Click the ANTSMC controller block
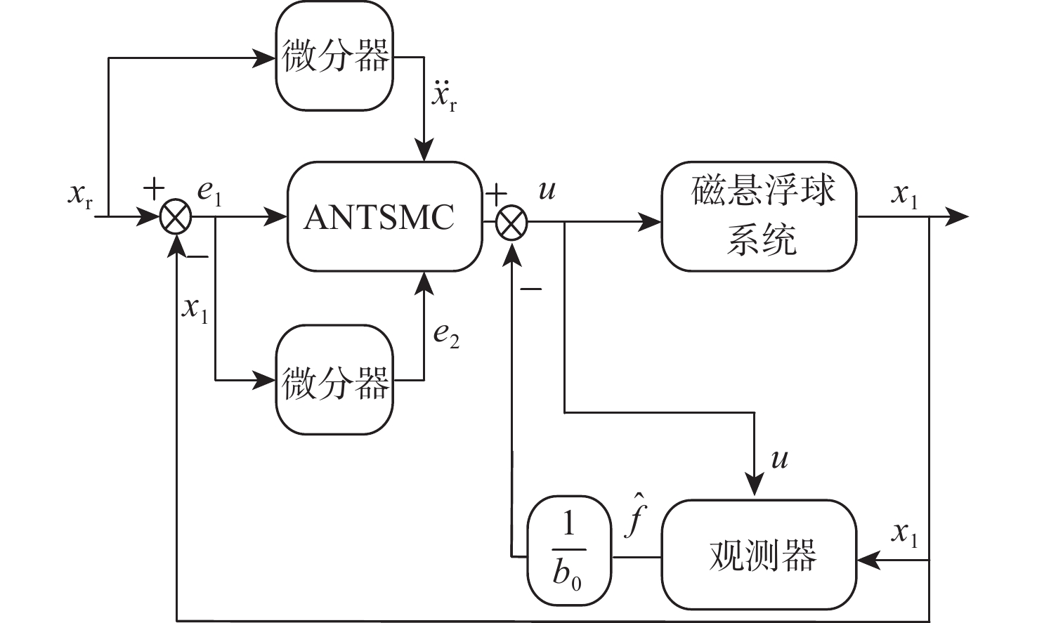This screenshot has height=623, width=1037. [x=384, y=217]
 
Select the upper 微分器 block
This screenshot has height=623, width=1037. [x=335, y=56]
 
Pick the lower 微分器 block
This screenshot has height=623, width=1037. [x=335, y=381]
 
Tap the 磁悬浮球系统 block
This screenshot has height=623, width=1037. [x=759, y=217]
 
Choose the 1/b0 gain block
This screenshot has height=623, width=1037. [x=569, y=551]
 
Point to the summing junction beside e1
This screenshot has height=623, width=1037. [x=175, y=218]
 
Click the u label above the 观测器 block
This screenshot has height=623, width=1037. [x=779, y=459]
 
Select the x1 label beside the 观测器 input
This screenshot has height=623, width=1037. [x=904, y=535]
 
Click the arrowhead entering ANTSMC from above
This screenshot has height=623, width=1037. [x=424, y=152]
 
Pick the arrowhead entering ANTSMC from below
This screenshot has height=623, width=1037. [x=424, y=281]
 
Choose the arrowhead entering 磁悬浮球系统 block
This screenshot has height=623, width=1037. [x=651, y=223]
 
